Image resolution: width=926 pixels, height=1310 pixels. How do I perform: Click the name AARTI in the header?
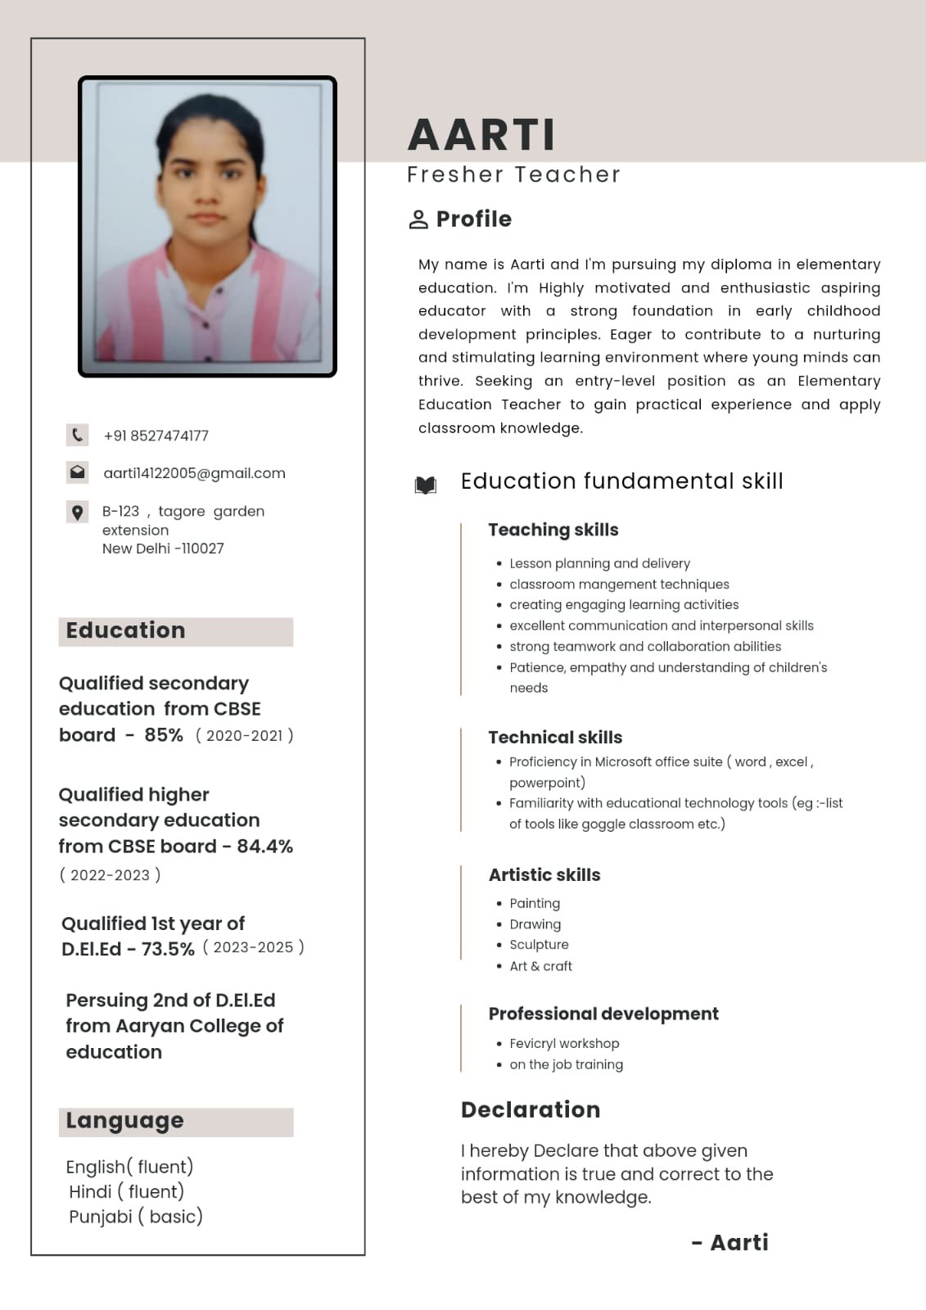click(x=481, y=135)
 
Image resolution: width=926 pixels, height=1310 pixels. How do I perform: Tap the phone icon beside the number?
click(x=77, y=435)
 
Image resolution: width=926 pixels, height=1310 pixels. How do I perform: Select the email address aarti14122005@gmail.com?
click(x=194, y=473)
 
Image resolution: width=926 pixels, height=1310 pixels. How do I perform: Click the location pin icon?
click(x=77, y=513)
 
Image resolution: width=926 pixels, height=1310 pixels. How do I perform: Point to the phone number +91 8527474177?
click(x=156, y=436)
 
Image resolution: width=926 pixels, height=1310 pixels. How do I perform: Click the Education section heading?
click(x=125, y=630)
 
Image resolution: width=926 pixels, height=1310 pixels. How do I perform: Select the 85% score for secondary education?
click(x=164, y=735)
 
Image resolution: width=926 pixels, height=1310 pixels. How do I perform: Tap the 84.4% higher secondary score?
click(x=264, y=847)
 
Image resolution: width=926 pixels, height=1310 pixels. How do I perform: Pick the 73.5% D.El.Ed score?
click(x=168, y=949)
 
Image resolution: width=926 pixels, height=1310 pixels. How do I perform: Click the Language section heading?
click(x=124, y=1121)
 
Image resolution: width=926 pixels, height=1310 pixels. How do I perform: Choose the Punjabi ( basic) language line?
click(x=136, y=1217)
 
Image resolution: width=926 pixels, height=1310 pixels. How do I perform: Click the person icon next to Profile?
click(x=418, y=219)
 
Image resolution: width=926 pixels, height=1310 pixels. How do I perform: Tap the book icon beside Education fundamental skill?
click(x=425, y=485)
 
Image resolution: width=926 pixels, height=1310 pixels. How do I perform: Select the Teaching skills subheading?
click(x=553, y=530)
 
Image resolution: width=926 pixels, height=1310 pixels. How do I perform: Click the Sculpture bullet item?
click(x=539, y=945)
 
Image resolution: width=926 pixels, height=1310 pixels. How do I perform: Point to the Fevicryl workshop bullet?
click(x=564, y=1044)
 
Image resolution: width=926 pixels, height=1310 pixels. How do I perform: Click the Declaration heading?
click(x=531, y=1110)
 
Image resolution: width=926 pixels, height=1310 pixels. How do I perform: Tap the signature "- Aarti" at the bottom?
click(x=730, y=1243)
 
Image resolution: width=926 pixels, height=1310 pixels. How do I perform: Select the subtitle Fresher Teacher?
click(x=513, y=175)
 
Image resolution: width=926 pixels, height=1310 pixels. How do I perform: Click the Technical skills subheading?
click(x=555, y=738)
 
